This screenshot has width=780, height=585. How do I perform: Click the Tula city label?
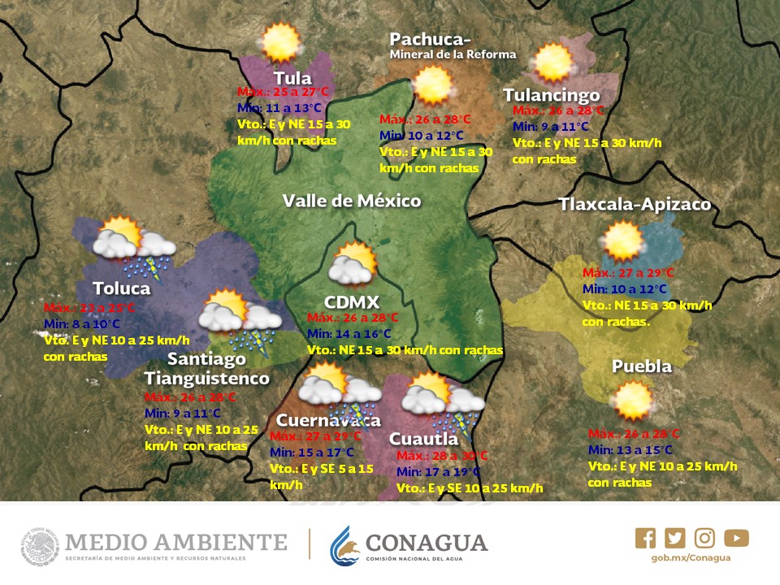click(292, 78)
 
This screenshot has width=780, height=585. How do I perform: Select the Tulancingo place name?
click(551, 95)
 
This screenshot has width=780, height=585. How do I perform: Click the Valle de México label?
click(352, 201)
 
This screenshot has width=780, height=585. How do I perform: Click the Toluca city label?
click(121, 288)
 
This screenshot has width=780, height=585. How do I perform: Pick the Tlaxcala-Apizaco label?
click(635, 204)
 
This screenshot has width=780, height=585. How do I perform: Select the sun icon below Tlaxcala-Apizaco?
click(623, 240)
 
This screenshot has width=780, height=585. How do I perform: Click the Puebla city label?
click(642, 366)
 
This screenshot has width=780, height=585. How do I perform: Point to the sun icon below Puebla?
click(632, 400)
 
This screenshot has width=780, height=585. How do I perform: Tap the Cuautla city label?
click(423, 439)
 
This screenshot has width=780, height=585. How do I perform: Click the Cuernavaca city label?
click(327, 420)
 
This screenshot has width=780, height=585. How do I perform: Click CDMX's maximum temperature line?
click(353, 318)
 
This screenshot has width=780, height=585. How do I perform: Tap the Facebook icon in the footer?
click(645, 538)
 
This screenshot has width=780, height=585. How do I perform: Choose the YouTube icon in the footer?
click(736, 538)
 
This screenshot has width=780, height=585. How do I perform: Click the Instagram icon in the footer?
click(705, 538)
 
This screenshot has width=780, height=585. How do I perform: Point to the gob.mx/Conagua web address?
click(691, 557)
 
